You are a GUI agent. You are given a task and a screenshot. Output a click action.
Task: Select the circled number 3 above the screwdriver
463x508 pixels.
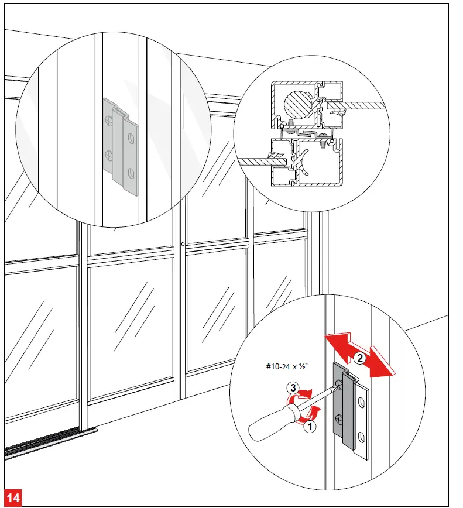291,387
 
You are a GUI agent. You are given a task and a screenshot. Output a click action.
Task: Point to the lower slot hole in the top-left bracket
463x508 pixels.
130,173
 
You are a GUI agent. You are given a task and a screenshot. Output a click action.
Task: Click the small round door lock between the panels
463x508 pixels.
183,244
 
